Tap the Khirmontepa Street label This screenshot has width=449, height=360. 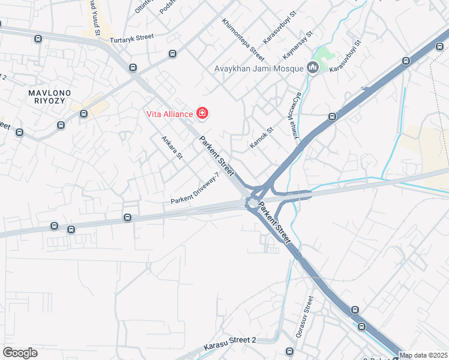(243, 40)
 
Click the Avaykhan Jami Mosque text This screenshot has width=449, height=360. (259, 68)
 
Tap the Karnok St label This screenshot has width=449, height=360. (261, 138)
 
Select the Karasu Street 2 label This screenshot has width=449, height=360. (230, 340)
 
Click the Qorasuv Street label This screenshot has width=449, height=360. (303, 316)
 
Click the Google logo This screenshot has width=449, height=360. (20, 353)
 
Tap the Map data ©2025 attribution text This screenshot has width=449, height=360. (424, 355)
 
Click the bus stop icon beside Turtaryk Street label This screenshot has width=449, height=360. (172, 54)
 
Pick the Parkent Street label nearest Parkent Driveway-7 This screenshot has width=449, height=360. (217, 157)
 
